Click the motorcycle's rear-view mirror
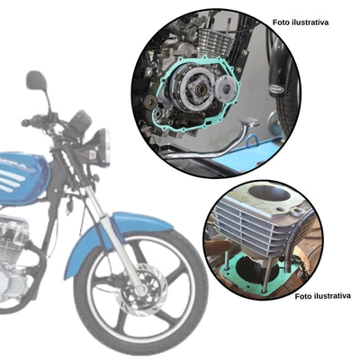point(36,81)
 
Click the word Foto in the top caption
point(281,21)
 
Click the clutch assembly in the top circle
point(197,91)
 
